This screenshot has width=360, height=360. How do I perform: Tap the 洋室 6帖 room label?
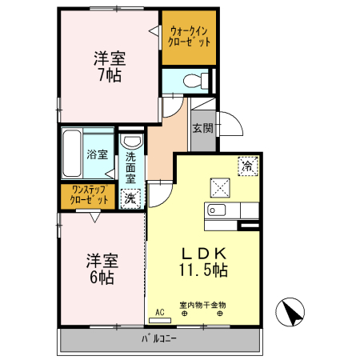pyautogui.click(x=102, y=270)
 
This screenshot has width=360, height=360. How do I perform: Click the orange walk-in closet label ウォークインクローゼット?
pyautogui.click(x=190, y=37)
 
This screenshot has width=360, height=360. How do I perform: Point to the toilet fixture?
pyautogui.click(x=192, y=80)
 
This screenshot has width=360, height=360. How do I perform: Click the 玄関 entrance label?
pyautogui.click(x=203, y=128)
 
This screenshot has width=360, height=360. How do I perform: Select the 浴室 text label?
pyautogui.click(x=98, y=154)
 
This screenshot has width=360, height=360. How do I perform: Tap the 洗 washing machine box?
pyautogui.click(x=129, y=198)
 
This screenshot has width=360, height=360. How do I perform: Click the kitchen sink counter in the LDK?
pyautogui.click(x=232, y=210)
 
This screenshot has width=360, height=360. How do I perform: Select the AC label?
pyautogui.click(x=159, y=312)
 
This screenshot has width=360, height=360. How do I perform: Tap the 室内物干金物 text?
pyautogui.click(x=202, y=305)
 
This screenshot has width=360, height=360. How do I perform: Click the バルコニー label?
pyautogui.click(x=159, y=339)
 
